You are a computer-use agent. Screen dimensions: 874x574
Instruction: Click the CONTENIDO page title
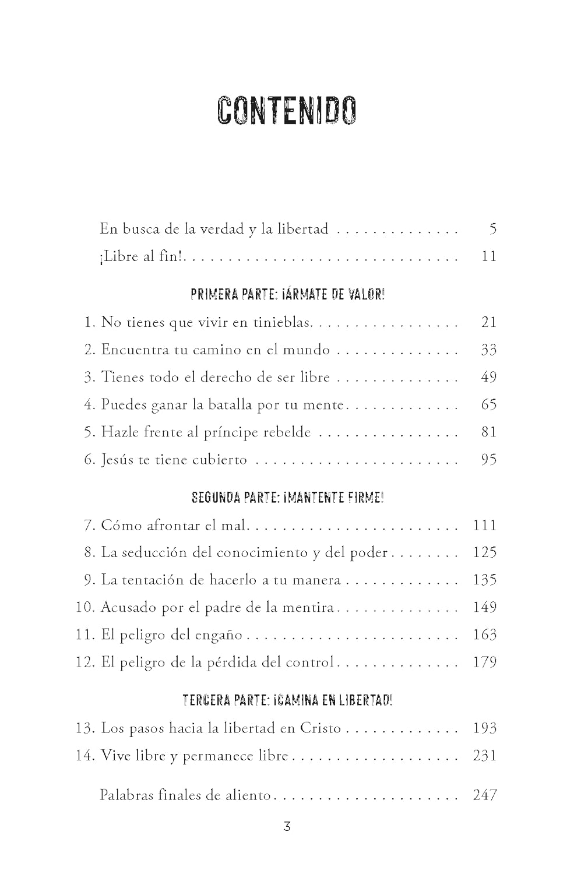coord(286,111)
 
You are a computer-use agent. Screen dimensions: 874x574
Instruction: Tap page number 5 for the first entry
coord(492,229)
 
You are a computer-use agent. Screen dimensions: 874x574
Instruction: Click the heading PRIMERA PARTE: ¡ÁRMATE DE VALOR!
coord(287,295)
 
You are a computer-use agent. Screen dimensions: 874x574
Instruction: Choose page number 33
coord(488,350)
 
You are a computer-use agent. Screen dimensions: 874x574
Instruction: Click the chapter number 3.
coord(89,378)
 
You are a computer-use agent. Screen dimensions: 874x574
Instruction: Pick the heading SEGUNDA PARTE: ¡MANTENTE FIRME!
coord(287,498)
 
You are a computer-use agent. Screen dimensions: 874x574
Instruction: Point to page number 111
coord(484,526)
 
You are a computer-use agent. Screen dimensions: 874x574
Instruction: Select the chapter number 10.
coord(85,608)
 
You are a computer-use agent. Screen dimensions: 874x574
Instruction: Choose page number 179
coord(484,662)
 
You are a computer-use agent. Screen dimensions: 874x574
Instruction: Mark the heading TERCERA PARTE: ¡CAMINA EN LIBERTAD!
coord(287,700)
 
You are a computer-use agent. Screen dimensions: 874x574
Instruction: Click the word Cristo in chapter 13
coord(321,728)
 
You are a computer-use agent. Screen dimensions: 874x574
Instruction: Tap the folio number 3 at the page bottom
coord(287,826)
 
